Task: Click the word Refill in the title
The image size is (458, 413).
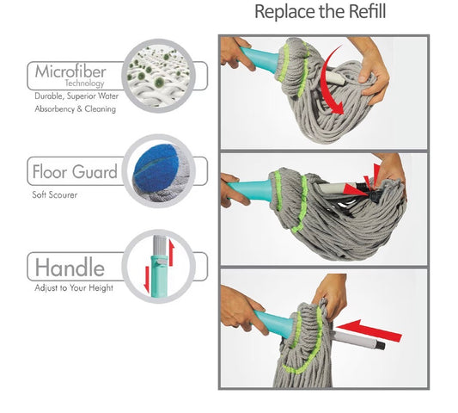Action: [368, 12]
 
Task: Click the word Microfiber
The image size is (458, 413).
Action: [70, 71]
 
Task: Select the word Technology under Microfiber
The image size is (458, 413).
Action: [84, 83]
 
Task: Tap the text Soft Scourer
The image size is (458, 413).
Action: [55, 194]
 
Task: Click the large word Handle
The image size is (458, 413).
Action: [70, 268]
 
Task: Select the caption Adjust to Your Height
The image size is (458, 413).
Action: [74, 288]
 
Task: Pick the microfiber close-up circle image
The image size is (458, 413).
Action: [159, 76]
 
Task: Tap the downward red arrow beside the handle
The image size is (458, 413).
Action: [147, 280]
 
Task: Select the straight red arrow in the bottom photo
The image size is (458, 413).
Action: [369, 330]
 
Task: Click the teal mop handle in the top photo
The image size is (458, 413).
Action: [259, 58]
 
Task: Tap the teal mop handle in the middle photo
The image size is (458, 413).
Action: [251, 189]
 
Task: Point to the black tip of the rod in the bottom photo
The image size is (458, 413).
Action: [380, 346]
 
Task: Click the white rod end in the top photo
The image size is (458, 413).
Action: [337, 77]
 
